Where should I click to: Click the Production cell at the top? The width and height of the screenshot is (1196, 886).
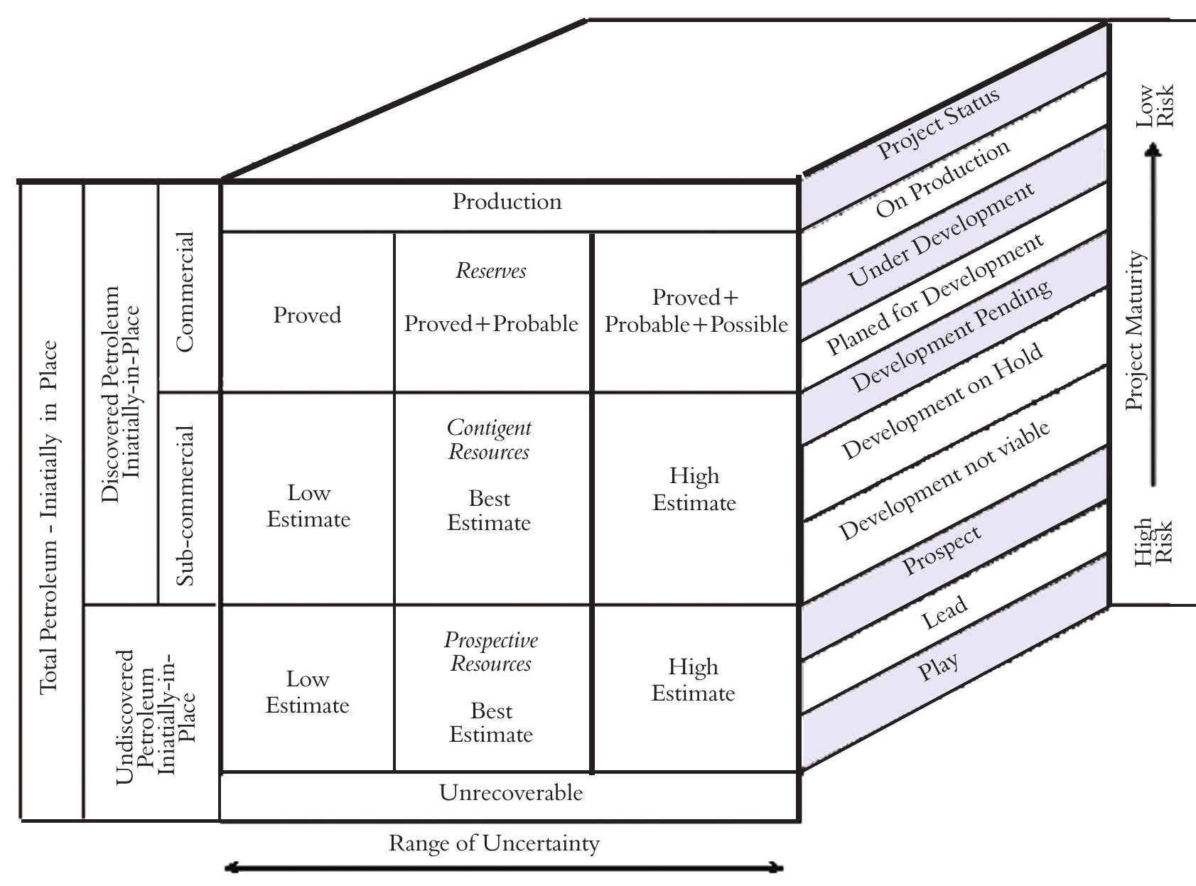(x=507, y=202)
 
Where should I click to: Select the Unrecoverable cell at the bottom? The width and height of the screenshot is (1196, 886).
(x=510, y=793)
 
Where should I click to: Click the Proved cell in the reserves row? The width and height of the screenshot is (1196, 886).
(x=307, y=315)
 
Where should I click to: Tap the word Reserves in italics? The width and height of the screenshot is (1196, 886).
(x=491, y=271)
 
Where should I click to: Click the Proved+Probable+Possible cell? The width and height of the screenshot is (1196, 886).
(x=696, y=311)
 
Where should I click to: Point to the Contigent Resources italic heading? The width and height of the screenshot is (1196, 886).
(x=489, y=440)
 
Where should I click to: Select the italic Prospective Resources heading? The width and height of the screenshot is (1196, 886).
(x=491, y=652)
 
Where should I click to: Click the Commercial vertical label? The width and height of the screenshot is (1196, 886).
(x=184, y=291)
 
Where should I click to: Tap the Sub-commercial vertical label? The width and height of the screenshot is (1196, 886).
(x=184, y=505)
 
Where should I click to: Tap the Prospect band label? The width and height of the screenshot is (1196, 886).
(x=942, y=551)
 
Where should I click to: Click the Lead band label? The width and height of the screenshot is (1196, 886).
(x=944, y=612)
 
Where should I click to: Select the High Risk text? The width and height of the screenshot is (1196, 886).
(x=1152, y=541)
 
